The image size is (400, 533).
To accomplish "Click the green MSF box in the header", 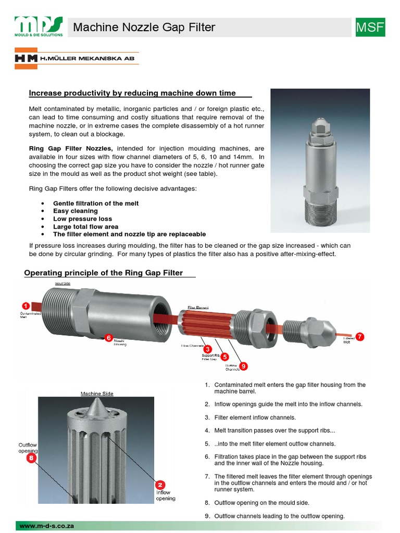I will tap(370, 27).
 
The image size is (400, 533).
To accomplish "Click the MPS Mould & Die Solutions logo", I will tap(39, 27).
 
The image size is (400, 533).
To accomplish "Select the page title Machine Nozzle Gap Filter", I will tap(144, 27).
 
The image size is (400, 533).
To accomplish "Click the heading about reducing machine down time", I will tap(132, 93).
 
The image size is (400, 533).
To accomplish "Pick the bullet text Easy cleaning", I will tap(76, 211).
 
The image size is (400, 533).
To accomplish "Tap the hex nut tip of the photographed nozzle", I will tap(320, 125).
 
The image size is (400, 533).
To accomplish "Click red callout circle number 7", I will tap(359, 336).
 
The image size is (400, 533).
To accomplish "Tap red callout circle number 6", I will tap(109, 337).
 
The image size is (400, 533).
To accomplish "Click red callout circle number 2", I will tap(161, 484).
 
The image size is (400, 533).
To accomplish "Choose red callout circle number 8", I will tap(31, 458).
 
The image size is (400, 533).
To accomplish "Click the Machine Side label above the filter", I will tap(97, 394).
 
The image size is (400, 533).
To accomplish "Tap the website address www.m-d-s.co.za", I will tap(47, 526).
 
